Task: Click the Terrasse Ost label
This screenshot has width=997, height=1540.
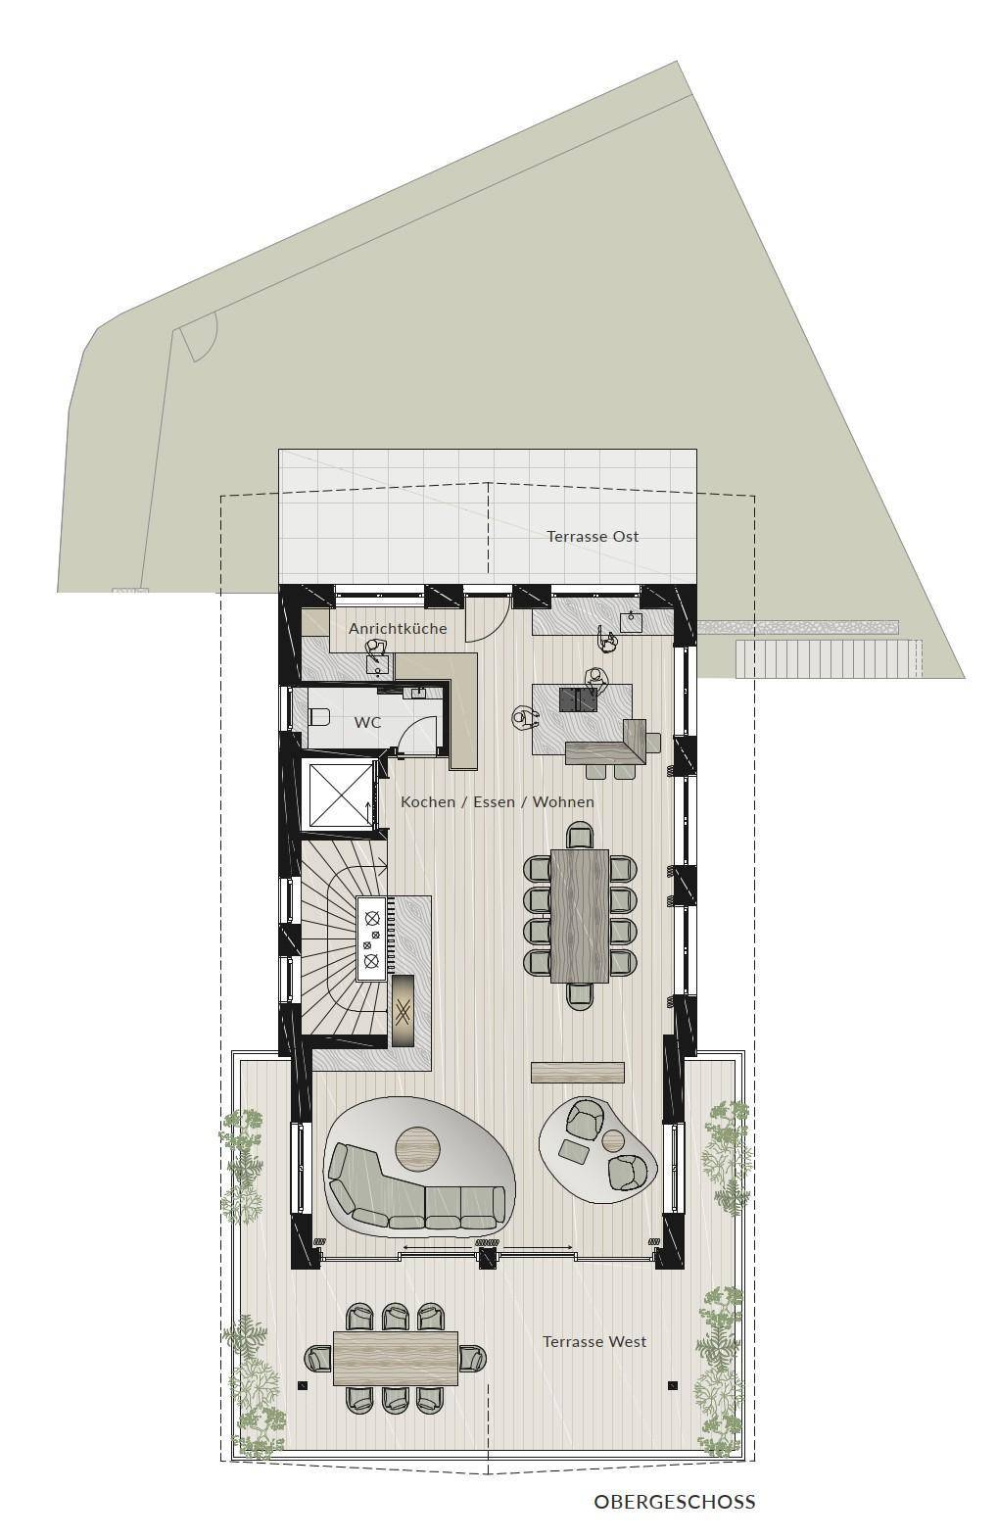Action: click(x=593, y=536)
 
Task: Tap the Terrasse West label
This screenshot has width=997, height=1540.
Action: click(x=594, y=1341)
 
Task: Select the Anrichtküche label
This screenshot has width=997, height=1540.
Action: click(x=398, y=628)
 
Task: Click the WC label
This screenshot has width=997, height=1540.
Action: click(x=367, y=723)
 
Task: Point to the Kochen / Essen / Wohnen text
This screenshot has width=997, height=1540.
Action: click(x=498, y=801)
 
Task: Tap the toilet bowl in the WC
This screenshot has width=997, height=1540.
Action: click(x=320, y=718)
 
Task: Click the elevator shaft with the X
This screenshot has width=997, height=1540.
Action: click(x=340, y=794)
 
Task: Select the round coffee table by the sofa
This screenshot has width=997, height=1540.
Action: click(x=418, y=1146)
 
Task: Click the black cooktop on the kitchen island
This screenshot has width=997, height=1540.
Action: click(x=578, y=699)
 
